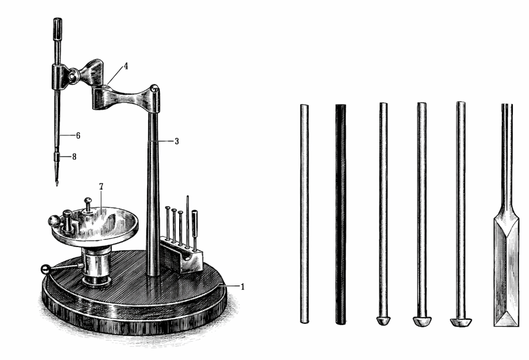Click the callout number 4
(126, 66)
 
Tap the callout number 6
(78, 136)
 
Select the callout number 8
(74, 157)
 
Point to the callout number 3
(176, 141)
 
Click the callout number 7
(101, 186)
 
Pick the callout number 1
(242, 287)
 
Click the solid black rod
(341, 214)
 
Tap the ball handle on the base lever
(46, 269)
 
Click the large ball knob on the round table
(54, 221)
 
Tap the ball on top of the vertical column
(154, 88)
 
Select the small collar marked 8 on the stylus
(57, 157)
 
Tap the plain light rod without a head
(304, 214)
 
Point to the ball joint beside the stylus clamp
(74, 76)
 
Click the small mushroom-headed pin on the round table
(88, 205)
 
